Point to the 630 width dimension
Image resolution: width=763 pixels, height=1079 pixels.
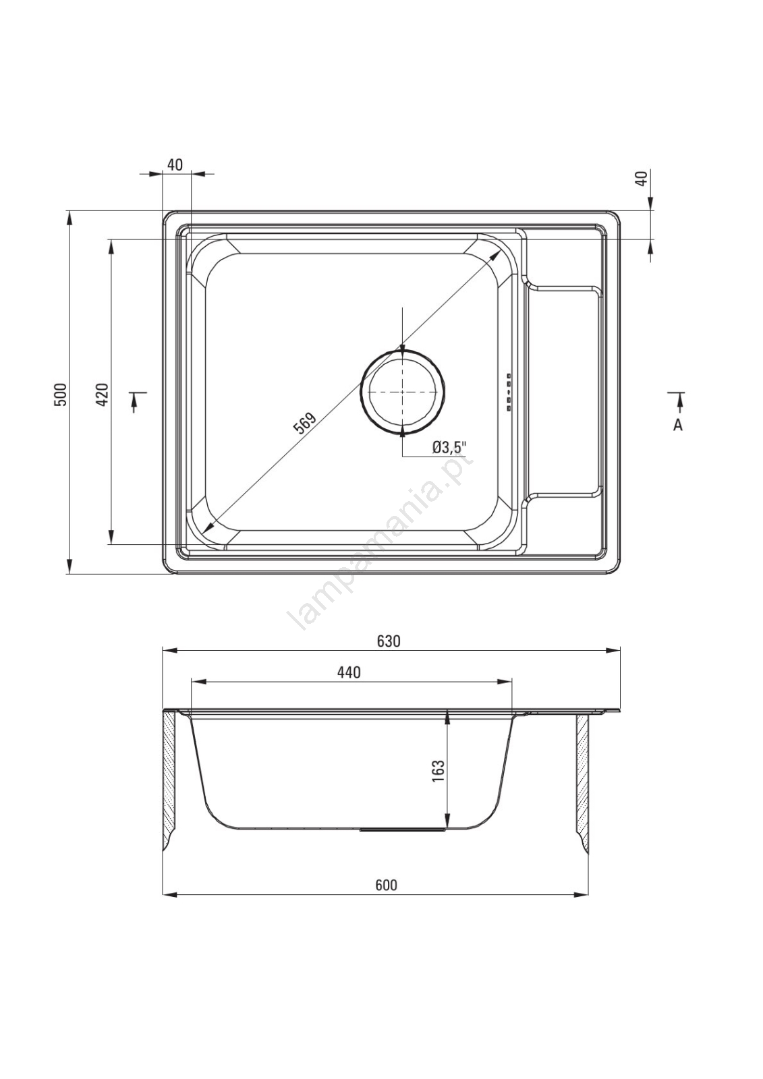point(389,641)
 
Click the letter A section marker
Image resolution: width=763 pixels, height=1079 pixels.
point(678,425)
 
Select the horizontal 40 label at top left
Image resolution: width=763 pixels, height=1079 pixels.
point(175,165)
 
